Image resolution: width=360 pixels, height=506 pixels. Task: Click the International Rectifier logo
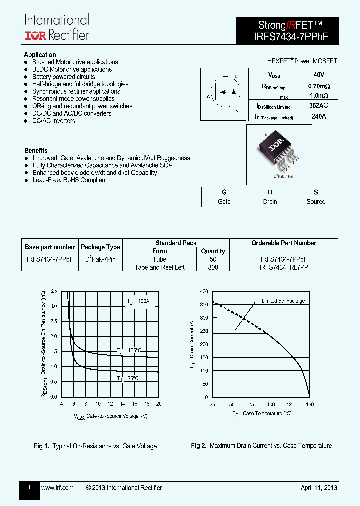57,27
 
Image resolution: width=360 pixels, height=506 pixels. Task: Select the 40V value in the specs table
319,75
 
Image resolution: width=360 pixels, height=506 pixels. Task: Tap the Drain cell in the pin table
270,202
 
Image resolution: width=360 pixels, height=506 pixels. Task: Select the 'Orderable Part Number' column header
284,243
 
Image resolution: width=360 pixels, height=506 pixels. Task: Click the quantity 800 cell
213,267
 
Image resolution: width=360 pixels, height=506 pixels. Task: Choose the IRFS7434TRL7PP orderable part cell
284,267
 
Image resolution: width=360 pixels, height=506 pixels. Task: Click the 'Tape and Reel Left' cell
159,267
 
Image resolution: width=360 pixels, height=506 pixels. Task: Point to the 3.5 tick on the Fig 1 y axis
54,291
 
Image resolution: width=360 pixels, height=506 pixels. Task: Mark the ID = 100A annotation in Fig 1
138,301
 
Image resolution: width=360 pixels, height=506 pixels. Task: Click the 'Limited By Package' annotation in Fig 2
283,301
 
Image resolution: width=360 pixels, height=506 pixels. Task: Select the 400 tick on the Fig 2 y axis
204,291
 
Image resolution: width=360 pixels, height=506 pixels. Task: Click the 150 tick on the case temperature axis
309,404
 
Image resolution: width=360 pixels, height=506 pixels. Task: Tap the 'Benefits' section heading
36,150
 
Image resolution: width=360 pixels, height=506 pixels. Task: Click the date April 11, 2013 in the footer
319,488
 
